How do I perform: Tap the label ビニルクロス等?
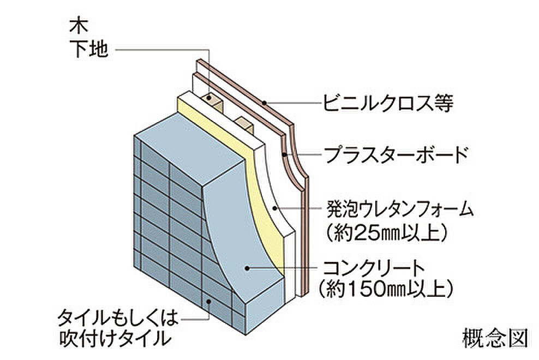388,103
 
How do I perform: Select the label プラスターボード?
396,155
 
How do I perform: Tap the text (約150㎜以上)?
385,289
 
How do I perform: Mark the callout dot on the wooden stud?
208,98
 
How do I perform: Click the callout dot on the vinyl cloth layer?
263,102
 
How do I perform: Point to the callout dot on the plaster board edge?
284,154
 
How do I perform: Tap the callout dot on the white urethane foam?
274,208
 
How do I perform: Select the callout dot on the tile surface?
208,301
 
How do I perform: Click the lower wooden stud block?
245,124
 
